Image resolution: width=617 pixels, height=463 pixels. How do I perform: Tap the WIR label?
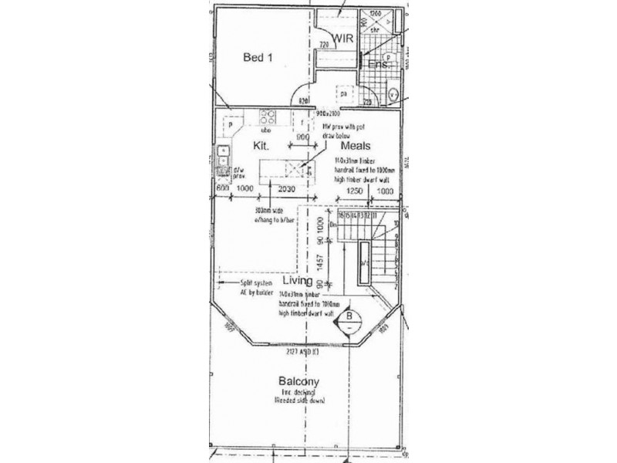point(342,37)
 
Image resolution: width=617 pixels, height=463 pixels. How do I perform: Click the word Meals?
point(354,145)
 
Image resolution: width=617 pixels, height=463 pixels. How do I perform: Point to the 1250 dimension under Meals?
point(354,190)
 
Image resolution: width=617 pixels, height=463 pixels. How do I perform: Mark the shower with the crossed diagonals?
point(376,25)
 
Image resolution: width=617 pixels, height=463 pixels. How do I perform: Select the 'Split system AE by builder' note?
point(245,288)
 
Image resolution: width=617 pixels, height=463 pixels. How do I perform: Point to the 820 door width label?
point(305,100)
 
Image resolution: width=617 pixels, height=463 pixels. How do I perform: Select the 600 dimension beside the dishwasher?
point(222,188)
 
